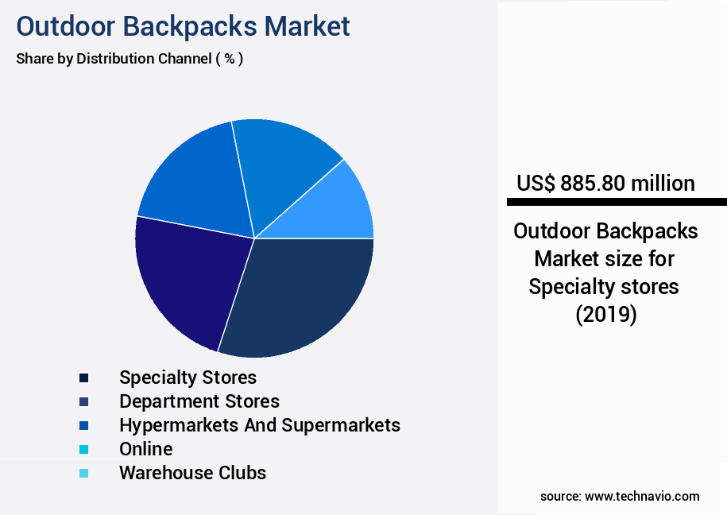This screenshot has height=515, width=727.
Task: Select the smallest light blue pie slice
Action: pyautogui.click(x=338, y=207)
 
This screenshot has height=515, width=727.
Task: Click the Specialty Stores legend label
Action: pyautogui.click(x=188, y=377)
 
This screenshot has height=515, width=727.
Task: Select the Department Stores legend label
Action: pyautogui.click(x=199, y=401)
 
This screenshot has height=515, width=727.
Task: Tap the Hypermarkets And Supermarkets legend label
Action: pyautogui.click(x=259, y=424)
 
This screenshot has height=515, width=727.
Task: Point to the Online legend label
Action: pyautogui.click(x=145, y=448)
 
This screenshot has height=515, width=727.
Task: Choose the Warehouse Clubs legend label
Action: pyautogui.click(x=192, y=473)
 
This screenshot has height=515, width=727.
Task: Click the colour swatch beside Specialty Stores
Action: pyautogui.click(x=83, y=378)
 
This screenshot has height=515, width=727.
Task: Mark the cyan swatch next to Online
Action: pyautogui.click(x=83, y=449)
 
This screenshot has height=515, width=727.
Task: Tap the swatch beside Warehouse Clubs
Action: pyautogui.click(x=83, y=474)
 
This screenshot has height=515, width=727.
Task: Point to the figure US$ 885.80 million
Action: pyautogui.click(x=605, y=183)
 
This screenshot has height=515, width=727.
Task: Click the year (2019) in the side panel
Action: pyautogui.click(x=605, y=315)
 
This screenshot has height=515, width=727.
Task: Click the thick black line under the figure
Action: pyautogui.click(x=617, y=202)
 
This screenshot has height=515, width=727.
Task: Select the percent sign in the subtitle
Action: pyautogui.click(x=229, y=59)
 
